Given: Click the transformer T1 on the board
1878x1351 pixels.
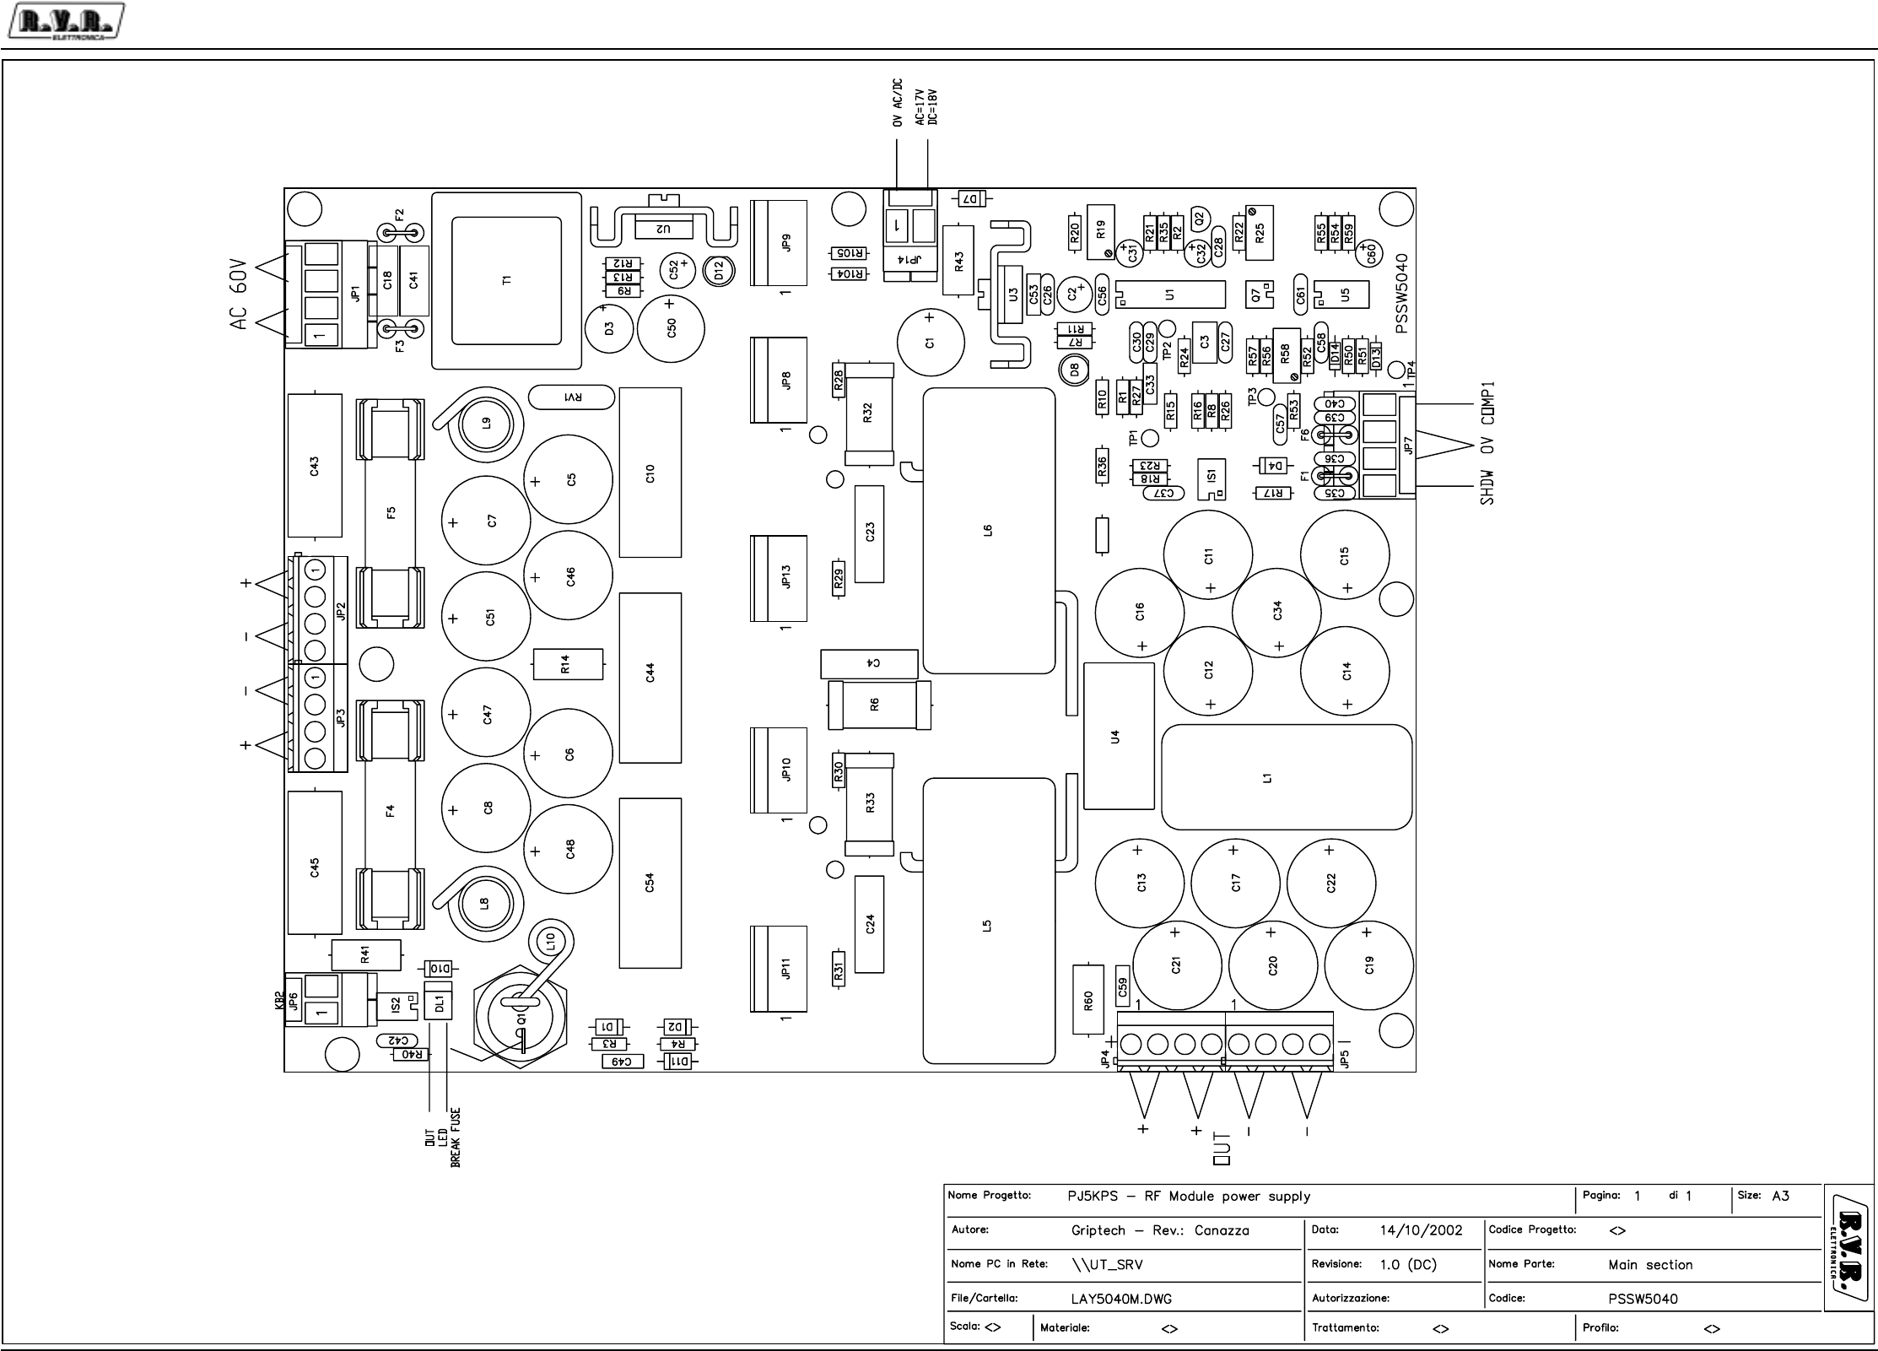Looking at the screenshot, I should tap(506, 280).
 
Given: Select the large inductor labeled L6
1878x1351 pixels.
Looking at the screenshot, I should tap(988, 530).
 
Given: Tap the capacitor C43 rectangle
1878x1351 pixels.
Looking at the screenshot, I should tap(314, 465).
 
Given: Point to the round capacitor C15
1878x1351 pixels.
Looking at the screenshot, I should tap(1344, 555).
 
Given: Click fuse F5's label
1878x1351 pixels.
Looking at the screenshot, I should tap(391, 512).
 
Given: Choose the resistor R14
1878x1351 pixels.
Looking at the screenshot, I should tap(568, 664).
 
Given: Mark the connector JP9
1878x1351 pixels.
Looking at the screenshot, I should tap(780, 242).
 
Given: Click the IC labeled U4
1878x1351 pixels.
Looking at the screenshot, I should tap(1118, 736).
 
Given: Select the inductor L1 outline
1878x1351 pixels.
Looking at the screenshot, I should tap(1286, 777).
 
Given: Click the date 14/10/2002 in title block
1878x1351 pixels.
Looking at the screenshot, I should tap(1421, 1230).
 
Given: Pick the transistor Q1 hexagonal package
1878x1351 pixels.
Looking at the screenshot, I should tap(521, 1019).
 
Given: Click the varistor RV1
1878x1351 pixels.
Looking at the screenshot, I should tap(571, 397).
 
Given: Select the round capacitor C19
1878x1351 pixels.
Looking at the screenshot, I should tap(1368, 965).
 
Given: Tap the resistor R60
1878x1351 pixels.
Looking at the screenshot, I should tap(1088, 1000).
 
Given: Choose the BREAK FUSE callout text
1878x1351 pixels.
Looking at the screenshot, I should tap(456, 1138).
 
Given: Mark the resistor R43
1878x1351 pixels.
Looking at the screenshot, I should tap(958, 260).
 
